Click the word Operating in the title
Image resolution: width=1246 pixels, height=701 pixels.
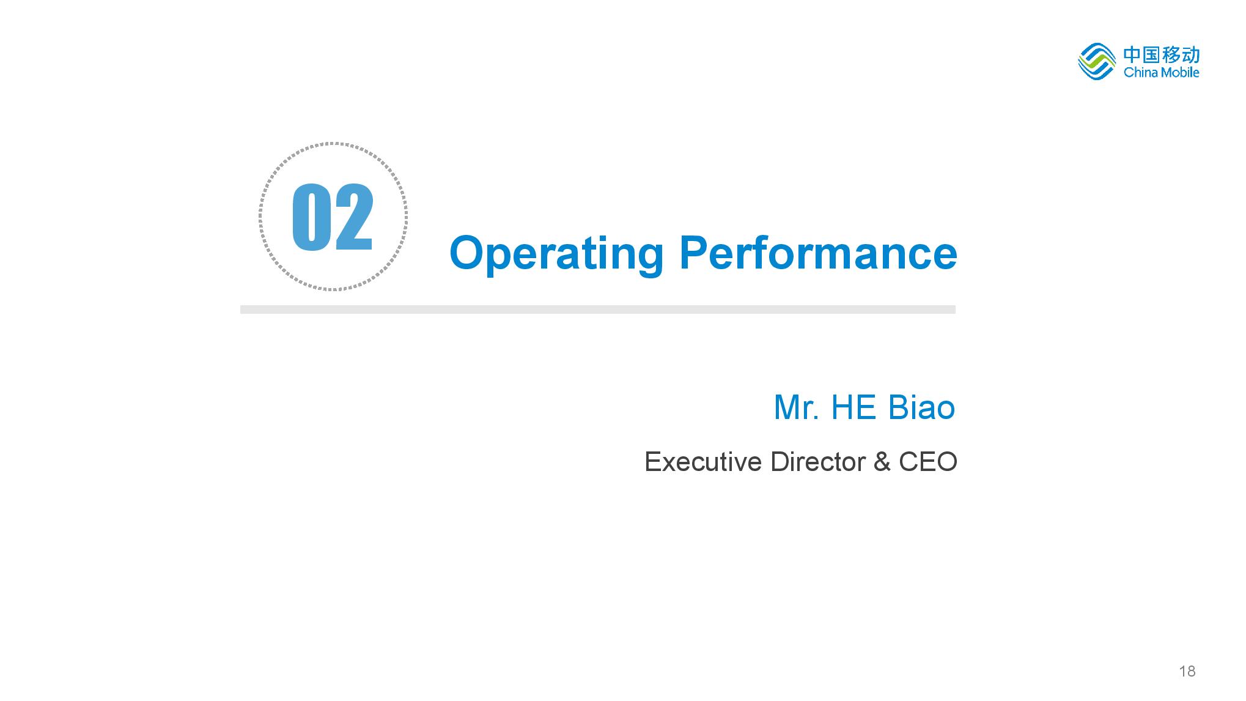coord(556,254)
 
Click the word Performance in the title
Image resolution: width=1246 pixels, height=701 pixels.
coord(818,252)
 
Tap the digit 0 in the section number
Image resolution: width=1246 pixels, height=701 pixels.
coord(311,217)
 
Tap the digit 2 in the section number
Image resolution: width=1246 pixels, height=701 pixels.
coord(354,217)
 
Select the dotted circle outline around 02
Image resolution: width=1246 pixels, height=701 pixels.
coord(333,144)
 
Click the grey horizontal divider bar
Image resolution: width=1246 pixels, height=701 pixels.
coord(597,310)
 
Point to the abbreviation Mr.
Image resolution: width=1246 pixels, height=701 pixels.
coord(796,407)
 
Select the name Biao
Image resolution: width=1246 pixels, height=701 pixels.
coord(921,407)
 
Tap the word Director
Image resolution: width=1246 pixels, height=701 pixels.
coord(817,462)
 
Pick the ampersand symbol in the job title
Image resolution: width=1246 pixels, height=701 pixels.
coord(882,462)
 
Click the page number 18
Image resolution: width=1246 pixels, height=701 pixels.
coord(1187,672)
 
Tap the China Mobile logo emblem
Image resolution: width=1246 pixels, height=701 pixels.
coord(1097,62)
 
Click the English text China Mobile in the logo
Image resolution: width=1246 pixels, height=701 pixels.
coord(1161,72)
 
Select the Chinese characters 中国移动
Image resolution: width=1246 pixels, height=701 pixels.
coord(1161,54)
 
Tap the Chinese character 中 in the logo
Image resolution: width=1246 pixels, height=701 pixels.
coord(1132,54)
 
